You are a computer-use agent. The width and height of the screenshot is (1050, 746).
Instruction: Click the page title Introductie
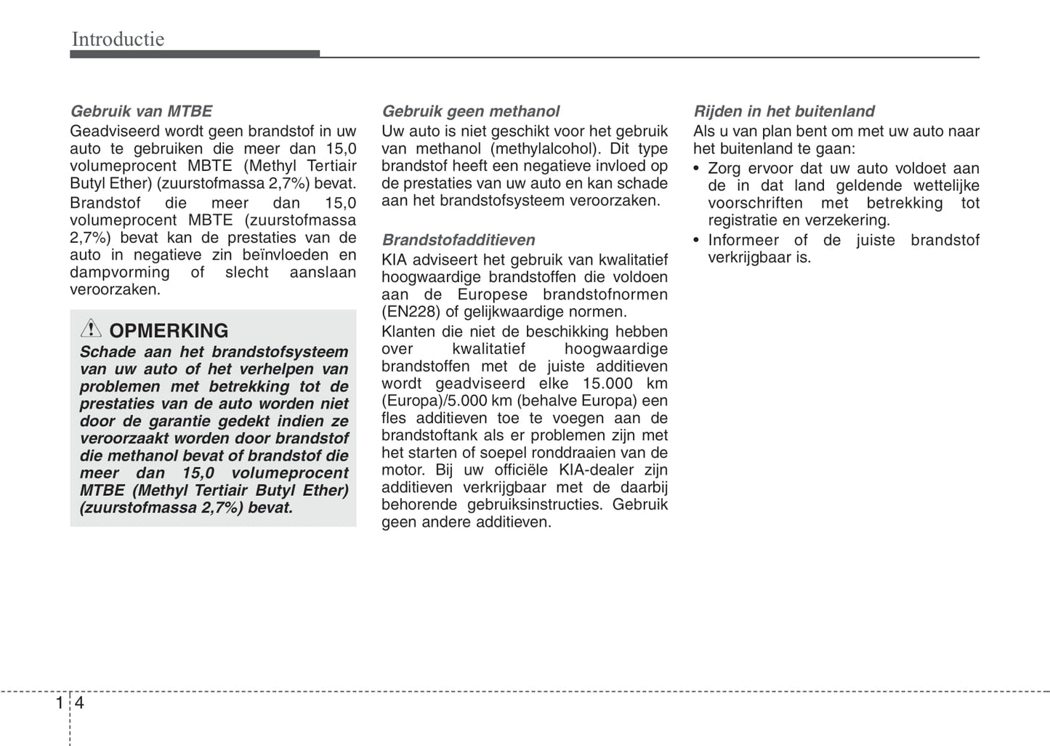pyautogui.click(x=118, y=39)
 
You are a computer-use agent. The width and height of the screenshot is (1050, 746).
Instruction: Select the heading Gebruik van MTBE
pyautogui.click(x=141, y=111)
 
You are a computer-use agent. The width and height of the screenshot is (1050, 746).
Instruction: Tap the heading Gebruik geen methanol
pyautogui.click(x=470, y=111)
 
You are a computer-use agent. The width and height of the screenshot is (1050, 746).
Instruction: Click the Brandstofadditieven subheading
pyautogui.click(x=459, y=240)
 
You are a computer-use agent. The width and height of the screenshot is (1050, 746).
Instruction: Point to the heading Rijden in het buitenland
pyautogui.click(x=783, y=111)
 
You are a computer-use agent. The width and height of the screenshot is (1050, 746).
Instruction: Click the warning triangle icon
pyautogui.click(x=91, y=329)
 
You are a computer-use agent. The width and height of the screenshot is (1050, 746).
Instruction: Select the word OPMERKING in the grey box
pyautogui.click(x=169, y=331)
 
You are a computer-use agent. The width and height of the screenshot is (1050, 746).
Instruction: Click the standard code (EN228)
pyautogui.click(x=411, y=312)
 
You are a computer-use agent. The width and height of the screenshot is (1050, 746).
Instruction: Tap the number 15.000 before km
pyautogui.click(x=607, y=383)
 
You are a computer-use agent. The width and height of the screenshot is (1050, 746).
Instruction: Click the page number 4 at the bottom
pyautogui.click(x=79, y=703)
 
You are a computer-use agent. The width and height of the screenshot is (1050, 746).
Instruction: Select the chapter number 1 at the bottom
pyautogui.click(x=60, y=703)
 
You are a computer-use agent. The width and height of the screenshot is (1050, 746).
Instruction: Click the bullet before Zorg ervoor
pyautogui.click(x=698, y=169)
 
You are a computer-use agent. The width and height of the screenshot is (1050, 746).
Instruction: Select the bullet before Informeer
pyautogui.click(x=698, y=241)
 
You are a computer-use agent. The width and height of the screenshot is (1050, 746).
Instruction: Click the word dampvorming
pyautogui.click(x=119, y=273)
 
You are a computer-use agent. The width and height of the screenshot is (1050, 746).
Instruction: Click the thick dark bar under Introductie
pyautogui.click(x=195, y=55)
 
